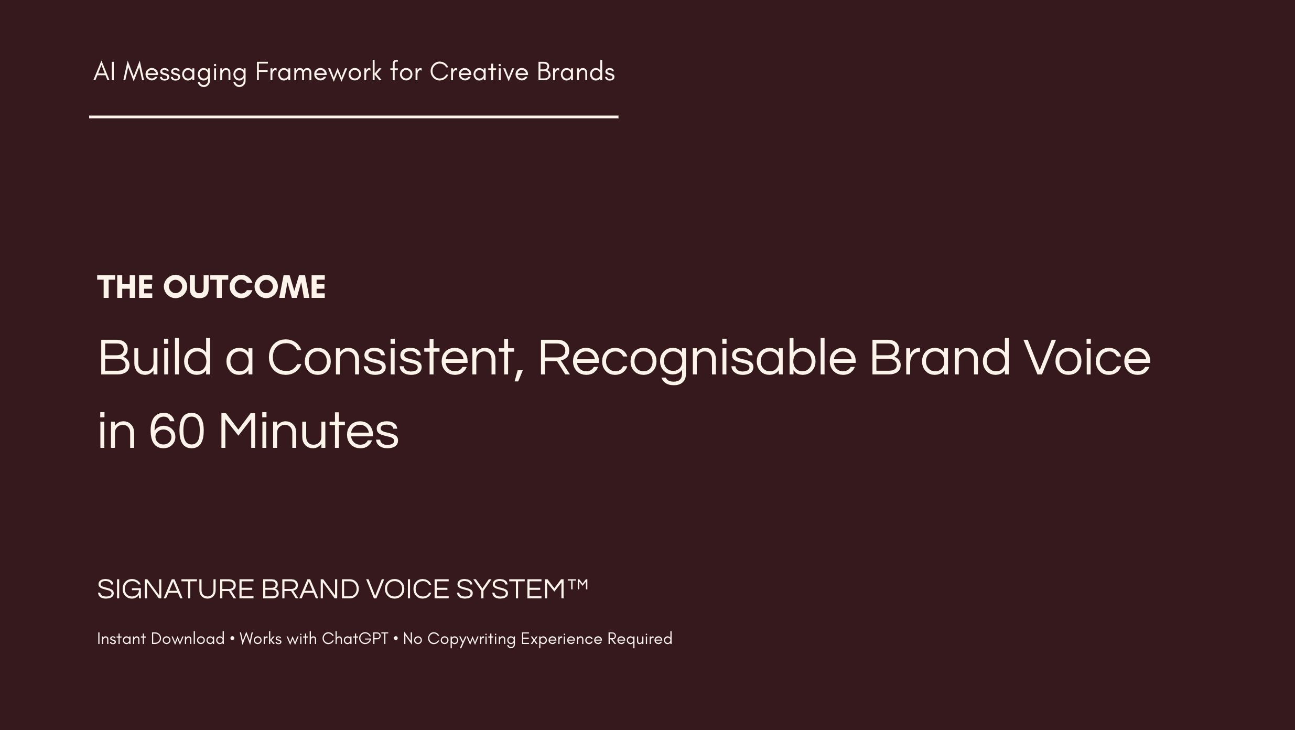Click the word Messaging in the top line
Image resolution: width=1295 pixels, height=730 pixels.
[x=185, y=72]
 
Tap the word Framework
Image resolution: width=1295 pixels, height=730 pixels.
[x=318, y=72]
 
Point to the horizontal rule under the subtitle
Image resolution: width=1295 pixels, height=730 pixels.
[x=353, y=117]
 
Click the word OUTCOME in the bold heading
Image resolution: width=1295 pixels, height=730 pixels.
[x=244, y=287]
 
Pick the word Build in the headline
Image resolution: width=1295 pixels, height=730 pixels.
[x=155, y=358]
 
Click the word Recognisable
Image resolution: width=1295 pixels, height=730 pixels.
[x=697, y=358]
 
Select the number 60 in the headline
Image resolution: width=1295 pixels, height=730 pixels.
[x=176, y=432]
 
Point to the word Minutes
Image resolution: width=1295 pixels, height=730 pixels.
[x=308, y=432]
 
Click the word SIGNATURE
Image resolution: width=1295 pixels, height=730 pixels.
[x=176, y=589]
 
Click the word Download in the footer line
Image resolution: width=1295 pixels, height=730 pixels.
[x=188, y=639]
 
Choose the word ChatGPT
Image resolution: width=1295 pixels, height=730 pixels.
[x=355, y=639]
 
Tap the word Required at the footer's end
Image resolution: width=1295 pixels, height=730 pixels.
[x=640, y=639]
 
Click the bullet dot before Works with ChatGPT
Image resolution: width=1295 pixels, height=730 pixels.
[x=232, y=639]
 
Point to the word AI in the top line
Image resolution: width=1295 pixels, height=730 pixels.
[x=104, y=72]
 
